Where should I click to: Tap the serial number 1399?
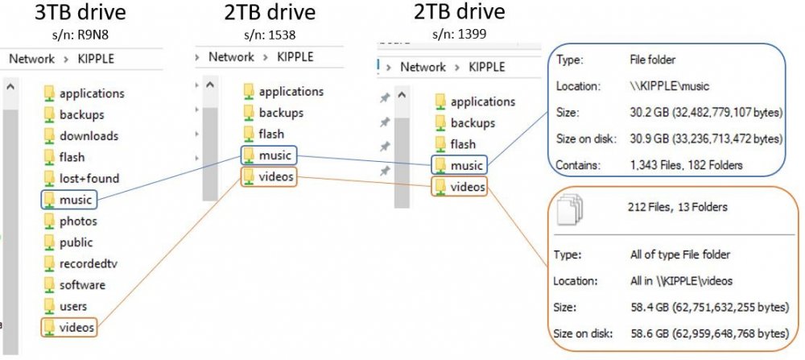click(473, 34)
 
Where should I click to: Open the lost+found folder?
click(82, 178)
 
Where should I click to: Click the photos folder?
click(71, 221)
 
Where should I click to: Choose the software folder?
click(75, 285)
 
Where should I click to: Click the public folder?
click(68, 242)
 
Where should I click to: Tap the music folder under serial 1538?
click(269, 155)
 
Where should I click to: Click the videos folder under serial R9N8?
click(69, 327)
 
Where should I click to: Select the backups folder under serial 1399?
click(465, 122)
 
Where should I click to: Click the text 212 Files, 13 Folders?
click(677, 207)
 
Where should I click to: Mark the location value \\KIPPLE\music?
click(669, 85)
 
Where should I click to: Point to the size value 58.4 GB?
click(650, 307)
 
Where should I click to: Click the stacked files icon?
click(571, 209)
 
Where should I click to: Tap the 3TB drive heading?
click(80, 13)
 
